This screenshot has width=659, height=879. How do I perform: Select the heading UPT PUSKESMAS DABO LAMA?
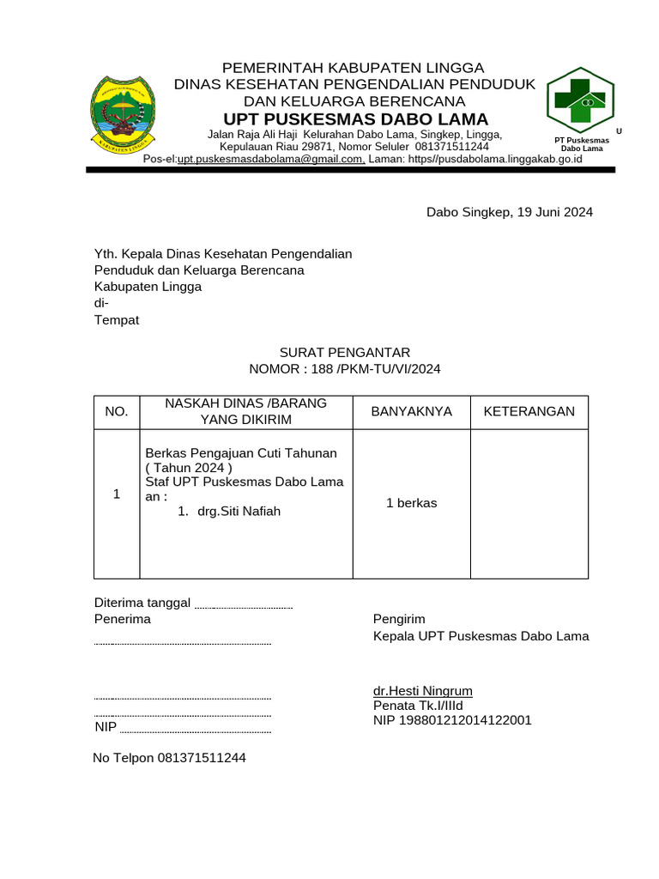pyautogui.click(x=355, y=118)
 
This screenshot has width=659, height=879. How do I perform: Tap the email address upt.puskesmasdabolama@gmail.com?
pyautogui.click(x=271, y=159)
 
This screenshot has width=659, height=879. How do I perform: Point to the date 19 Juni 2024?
pyautogui.click(x=554, y=212)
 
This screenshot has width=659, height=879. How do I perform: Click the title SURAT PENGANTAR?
pyautogui.click(x=345, y=352)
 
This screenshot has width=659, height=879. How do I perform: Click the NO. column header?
pyautogui.click(x=117, y=412)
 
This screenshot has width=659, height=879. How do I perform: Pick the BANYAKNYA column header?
pyautogui.click(x=411, y=412)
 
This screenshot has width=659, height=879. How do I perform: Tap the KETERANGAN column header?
pyautogui.click(x=529, y=412)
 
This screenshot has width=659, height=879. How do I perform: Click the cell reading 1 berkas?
pyautogui.click(x=411, y=503)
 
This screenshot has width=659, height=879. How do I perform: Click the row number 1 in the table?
pyautogui.click(x=117, y=495)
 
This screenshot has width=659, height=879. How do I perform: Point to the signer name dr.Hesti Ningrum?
pyautogui.click(x=422, y=691)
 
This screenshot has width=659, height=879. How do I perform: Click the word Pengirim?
pyautogui.click(x=399, y=619)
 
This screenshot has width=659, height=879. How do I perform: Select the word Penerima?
pyautogui.click(x=122, y=619)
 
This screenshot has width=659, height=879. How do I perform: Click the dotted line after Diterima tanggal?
pyautogui.click(x=245, y=606)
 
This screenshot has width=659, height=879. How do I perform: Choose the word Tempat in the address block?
pyautogui.click(x=116, y=320)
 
